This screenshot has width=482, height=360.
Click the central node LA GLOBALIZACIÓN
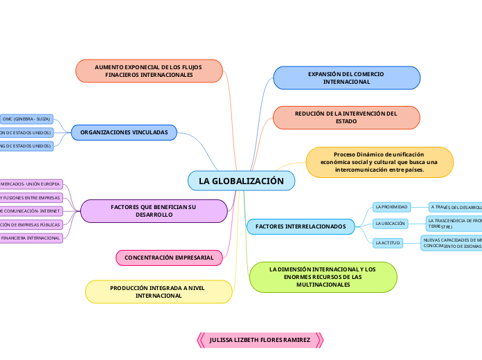241,181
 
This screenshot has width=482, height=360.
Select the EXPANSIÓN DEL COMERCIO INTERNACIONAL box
346,78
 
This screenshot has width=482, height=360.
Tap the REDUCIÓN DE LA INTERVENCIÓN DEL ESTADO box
346,117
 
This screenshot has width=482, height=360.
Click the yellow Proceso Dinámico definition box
379,162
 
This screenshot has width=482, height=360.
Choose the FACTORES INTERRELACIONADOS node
301,226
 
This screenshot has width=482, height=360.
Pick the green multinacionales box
323,277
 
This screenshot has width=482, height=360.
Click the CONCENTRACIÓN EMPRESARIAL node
169,258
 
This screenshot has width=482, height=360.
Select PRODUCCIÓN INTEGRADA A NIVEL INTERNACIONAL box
159,291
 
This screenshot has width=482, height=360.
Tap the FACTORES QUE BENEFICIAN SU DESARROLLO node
154,211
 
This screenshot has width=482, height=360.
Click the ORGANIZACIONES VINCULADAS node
124,132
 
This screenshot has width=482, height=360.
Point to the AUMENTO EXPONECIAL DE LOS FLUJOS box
148,71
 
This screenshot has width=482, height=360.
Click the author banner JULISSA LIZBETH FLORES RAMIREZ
260,341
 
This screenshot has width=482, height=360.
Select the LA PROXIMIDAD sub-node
391,207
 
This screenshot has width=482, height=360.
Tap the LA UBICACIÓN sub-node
390,224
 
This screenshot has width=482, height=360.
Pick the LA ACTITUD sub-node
388,242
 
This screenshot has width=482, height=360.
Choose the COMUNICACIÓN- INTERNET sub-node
31,211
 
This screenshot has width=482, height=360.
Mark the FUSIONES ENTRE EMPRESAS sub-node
31,198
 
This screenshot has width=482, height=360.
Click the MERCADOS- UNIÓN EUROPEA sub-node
31,184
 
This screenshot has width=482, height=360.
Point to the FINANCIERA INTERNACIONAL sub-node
31,238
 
